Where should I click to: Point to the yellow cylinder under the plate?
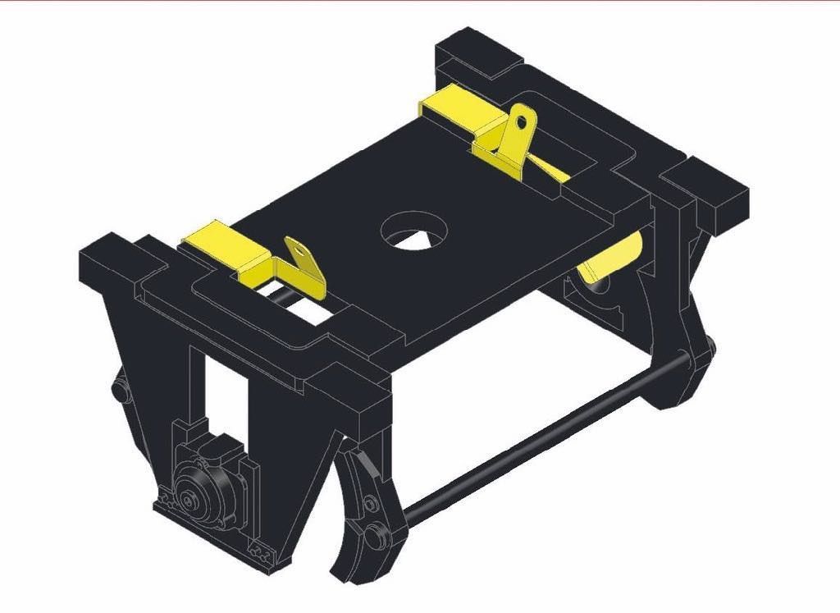click(611, 258)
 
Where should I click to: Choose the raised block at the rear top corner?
click(476, 54)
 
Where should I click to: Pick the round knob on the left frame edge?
click(120, 392)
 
